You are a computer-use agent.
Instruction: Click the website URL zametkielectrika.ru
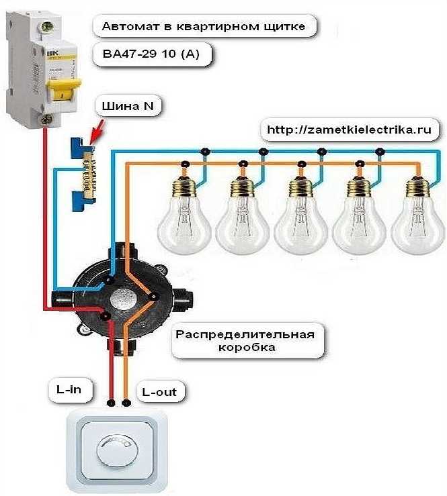tap(349, 128)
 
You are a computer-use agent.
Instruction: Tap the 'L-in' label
tap(70, 389)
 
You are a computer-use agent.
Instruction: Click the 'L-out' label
tap(161, 390)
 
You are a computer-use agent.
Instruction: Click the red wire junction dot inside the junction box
tap(105, 315)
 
